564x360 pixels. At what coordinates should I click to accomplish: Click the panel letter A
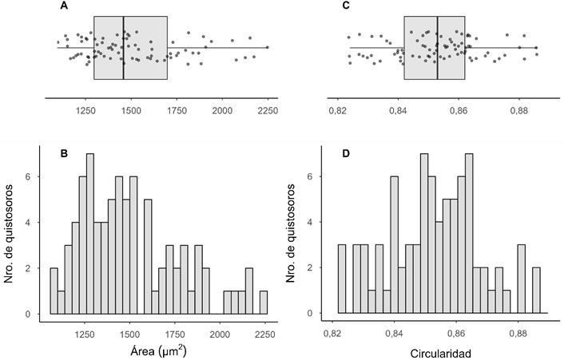point(64,6)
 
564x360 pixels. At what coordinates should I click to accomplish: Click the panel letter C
point(345,6)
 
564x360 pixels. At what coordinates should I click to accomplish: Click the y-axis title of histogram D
point(294,231)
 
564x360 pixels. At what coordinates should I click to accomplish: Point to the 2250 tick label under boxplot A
point(267,113)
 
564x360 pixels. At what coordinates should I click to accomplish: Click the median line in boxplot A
point(124,48)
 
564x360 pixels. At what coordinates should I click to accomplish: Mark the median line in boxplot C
point(437,48)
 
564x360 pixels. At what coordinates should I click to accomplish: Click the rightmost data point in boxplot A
point(267,47)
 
